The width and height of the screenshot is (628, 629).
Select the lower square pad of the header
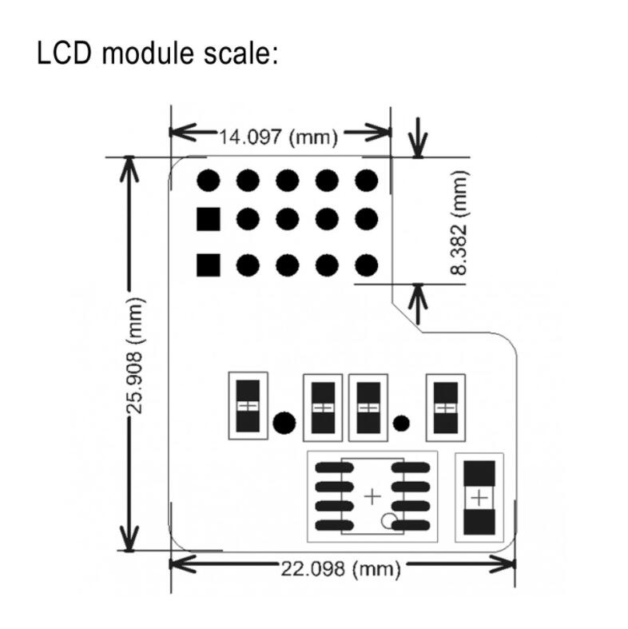pyautogui.click(x=208, y=264)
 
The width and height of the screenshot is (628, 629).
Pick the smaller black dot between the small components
pyautogui.click(x=402, y=422)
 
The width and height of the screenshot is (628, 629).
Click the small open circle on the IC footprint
pyautogui.click(x=389, y=522)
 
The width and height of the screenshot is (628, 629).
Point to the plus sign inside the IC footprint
pyautogui.click(x=372, y=496)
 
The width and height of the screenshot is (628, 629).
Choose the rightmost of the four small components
pyautogui.click(x=445, y=406)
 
